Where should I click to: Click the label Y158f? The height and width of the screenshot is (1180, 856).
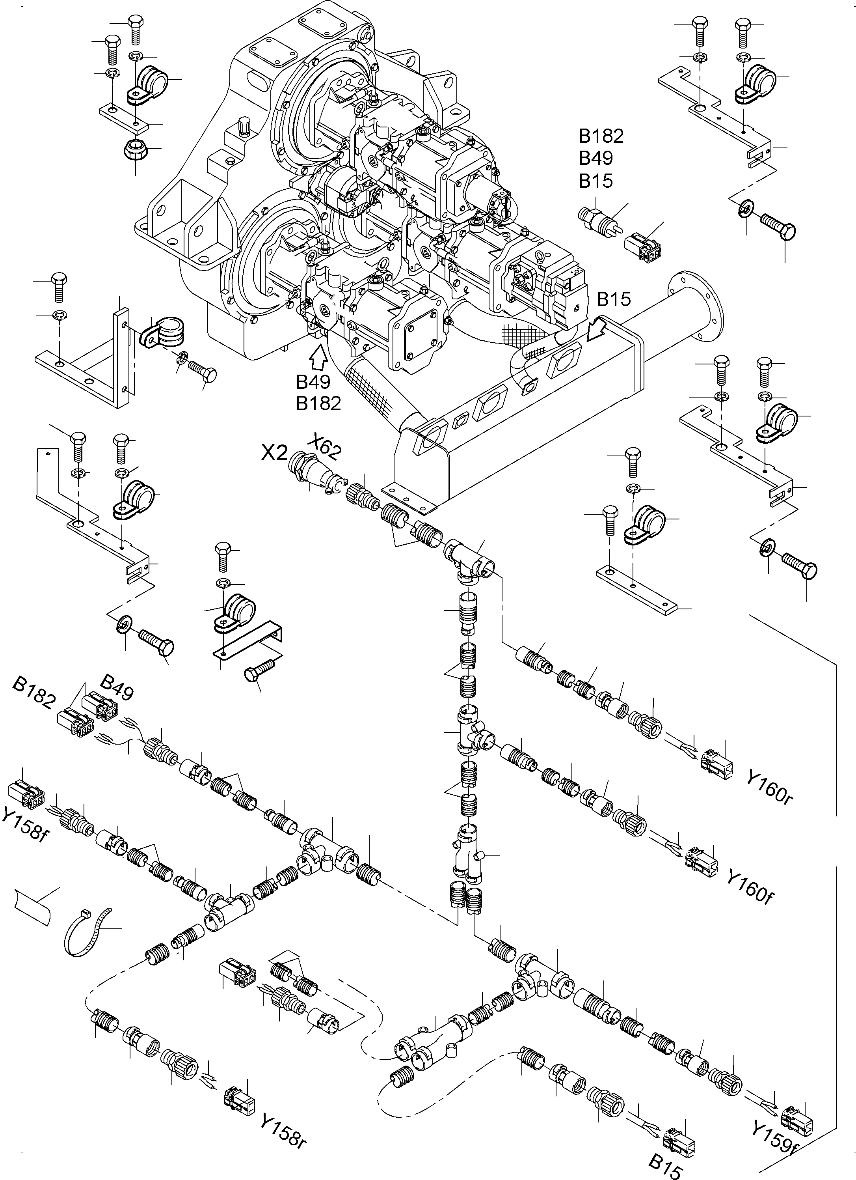coord(26,825)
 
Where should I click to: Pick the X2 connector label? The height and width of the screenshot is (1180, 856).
coord(274,453)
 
